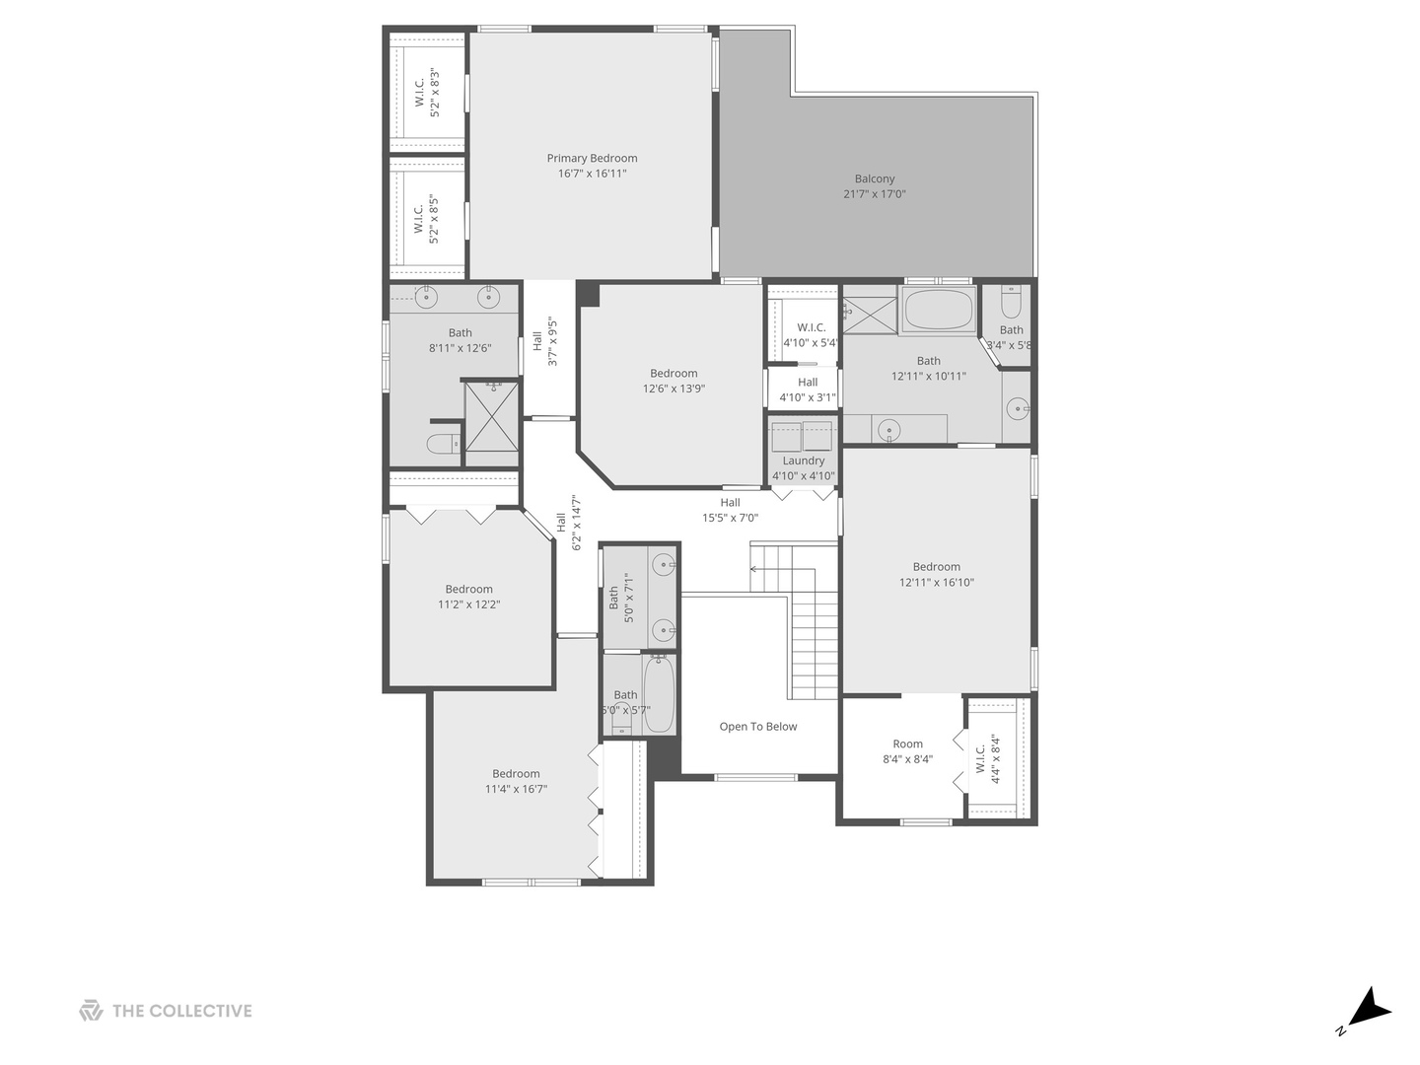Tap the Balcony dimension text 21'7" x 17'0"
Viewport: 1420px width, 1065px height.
(875, 194)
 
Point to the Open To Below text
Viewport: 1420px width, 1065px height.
(757, 727)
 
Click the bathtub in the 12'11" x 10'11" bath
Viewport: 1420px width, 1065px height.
(938, 310)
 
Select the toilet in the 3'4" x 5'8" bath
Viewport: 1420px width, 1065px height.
(1011, 299)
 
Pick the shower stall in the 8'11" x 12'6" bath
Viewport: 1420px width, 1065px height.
(491, 416)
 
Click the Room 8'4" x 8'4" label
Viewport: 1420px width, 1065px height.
(907, 751)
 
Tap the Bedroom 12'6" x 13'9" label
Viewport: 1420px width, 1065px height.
(674, 381)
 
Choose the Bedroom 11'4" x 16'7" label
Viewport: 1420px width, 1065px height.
(516, 781)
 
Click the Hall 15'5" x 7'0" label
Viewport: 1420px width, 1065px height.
(730, 510)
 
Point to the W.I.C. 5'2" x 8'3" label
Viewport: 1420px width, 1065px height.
(426, 93)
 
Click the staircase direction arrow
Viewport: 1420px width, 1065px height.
(756, 569)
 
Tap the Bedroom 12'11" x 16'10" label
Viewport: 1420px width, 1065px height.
(936, 574)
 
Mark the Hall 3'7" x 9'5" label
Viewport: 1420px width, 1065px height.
(544, 341)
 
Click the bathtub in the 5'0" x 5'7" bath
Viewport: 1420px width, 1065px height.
(659, 695)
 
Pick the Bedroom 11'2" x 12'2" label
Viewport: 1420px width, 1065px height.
(468, 597)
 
